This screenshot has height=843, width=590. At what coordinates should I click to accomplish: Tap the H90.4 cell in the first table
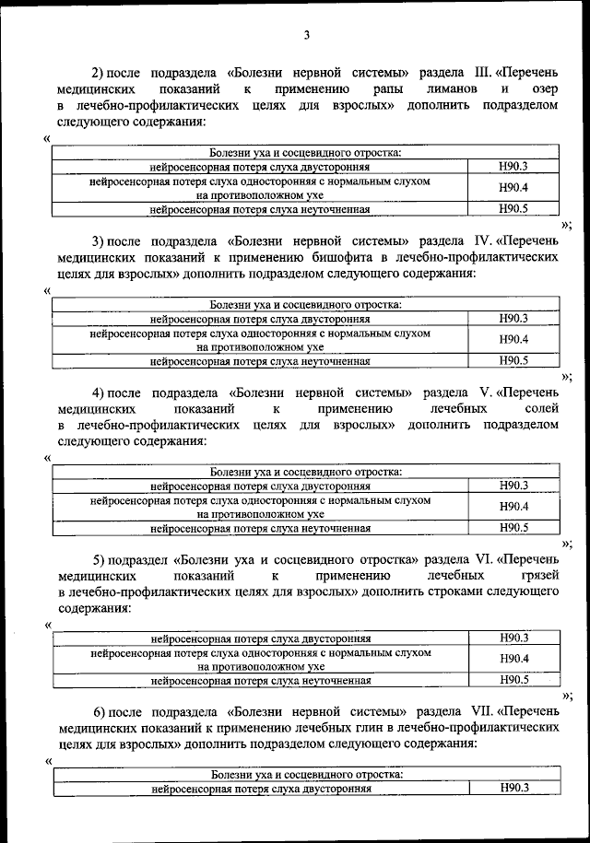click(x=512, y=188)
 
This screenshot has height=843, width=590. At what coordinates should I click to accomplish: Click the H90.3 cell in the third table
click(x=512, y=486)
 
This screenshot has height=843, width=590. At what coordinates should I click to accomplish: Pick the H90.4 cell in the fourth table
click(x=512, y=659)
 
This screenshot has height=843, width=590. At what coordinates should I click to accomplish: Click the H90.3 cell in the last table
click(x=512, y=789)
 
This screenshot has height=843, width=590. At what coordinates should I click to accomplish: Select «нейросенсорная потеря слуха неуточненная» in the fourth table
click(x=261, y=681)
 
